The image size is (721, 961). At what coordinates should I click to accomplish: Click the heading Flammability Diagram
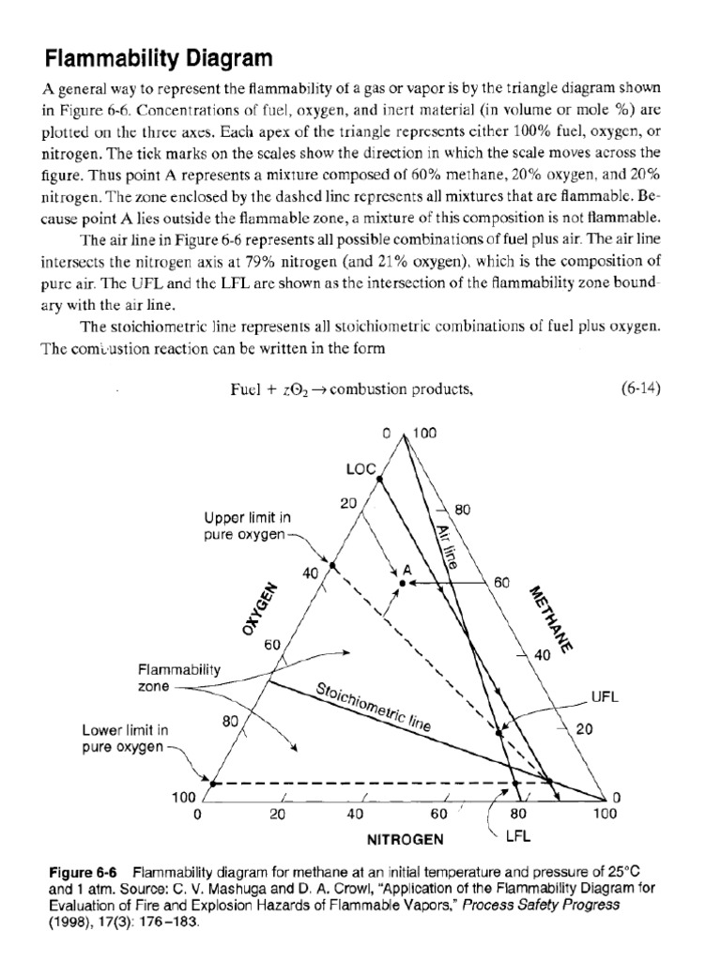coord(159,58)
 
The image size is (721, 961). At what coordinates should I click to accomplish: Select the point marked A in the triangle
coord(403,583)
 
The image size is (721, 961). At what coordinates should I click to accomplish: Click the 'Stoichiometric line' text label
coord(373,709)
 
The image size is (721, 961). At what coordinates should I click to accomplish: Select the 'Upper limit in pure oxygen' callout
coord(248,526)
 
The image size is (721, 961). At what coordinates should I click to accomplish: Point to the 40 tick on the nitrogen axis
coord(354,814)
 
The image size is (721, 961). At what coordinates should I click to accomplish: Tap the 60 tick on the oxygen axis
coord(272,645)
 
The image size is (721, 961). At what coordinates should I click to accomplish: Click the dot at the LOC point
coord(379,479)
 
